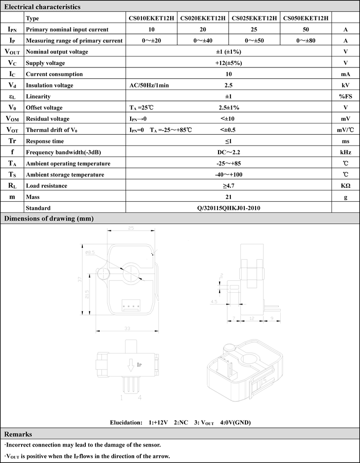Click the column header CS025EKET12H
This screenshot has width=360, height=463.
coord(255,18)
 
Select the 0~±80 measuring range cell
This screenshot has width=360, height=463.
coord(307,41)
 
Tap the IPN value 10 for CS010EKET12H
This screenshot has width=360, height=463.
coord(151,29)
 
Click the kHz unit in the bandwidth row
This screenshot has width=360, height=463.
coord(346,152)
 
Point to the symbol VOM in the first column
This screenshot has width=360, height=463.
coord(12,119)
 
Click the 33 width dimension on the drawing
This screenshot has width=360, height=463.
coord(127,329)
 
